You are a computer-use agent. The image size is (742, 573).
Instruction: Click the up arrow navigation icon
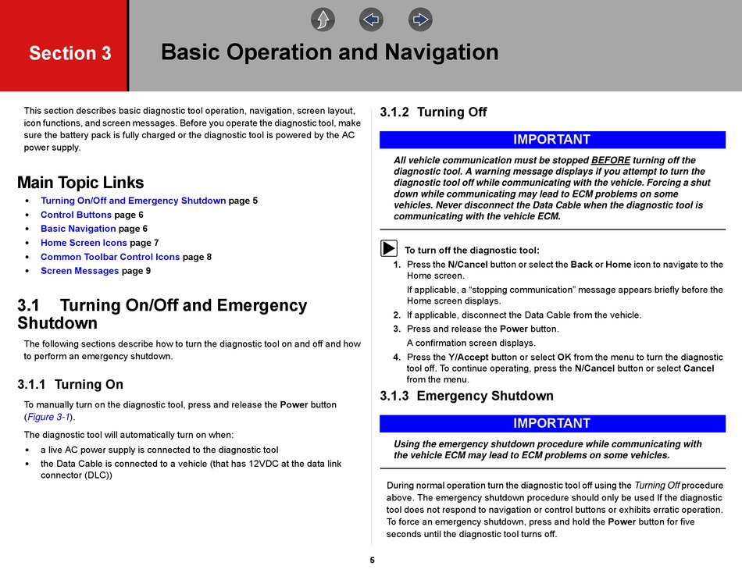[323, 20]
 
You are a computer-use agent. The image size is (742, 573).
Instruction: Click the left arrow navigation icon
[372, 20]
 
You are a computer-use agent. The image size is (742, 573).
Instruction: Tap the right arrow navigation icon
[420, 20]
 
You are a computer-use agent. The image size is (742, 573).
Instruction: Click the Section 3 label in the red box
[70, 53]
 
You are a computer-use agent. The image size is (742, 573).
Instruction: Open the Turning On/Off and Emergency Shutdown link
[133, 201]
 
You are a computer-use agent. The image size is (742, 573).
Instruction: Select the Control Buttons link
[76, 215]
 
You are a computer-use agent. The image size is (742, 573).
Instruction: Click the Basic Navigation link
[78, 229]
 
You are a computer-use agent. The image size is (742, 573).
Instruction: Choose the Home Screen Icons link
[84, 243]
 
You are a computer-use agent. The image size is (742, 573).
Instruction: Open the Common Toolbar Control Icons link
[110, 257]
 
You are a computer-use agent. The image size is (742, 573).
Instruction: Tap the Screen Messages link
[80, 271]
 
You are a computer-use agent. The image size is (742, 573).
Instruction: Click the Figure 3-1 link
[49, 417]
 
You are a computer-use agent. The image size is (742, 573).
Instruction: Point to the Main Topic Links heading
[80, 183]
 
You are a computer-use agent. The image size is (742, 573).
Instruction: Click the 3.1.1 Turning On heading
[70, 384]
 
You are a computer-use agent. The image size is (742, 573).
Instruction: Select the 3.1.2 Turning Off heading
[433, 112]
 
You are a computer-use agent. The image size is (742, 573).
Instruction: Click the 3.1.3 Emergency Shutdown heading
[466, 396]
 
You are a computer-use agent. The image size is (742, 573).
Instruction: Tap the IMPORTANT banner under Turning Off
[551, 140]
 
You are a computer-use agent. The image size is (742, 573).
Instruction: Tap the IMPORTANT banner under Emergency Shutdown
[551, 423]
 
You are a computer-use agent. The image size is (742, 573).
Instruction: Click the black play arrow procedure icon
[389, 249]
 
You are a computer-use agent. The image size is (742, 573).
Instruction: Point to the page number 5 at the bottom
[372, 560]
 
